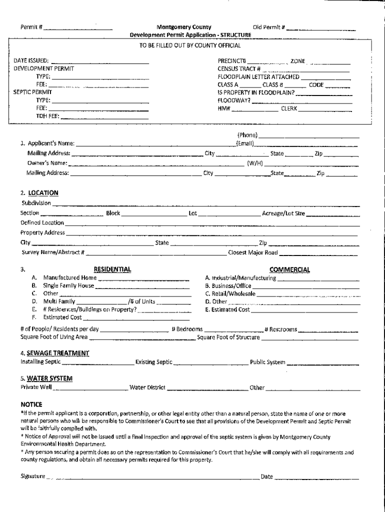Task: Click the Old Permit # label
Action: coord(268,27)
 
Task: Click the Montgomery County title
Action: coord(183,27)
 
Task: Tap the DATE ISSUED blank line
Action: coord(100,62)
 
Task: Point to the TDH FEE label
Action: coord(47,116)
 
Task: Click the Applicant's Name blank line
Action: coord(155,145)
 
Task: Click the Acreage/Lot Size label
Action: coord(283,213)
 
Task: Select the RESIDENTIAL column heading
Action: coord(112,269)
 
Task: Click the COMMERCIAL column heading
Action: coord(289,269)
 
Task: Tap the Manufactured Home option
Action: coord(69,277)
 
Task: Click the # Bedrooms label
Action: coord(186,329)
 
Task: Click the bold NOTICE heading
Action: coord(31,404)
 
